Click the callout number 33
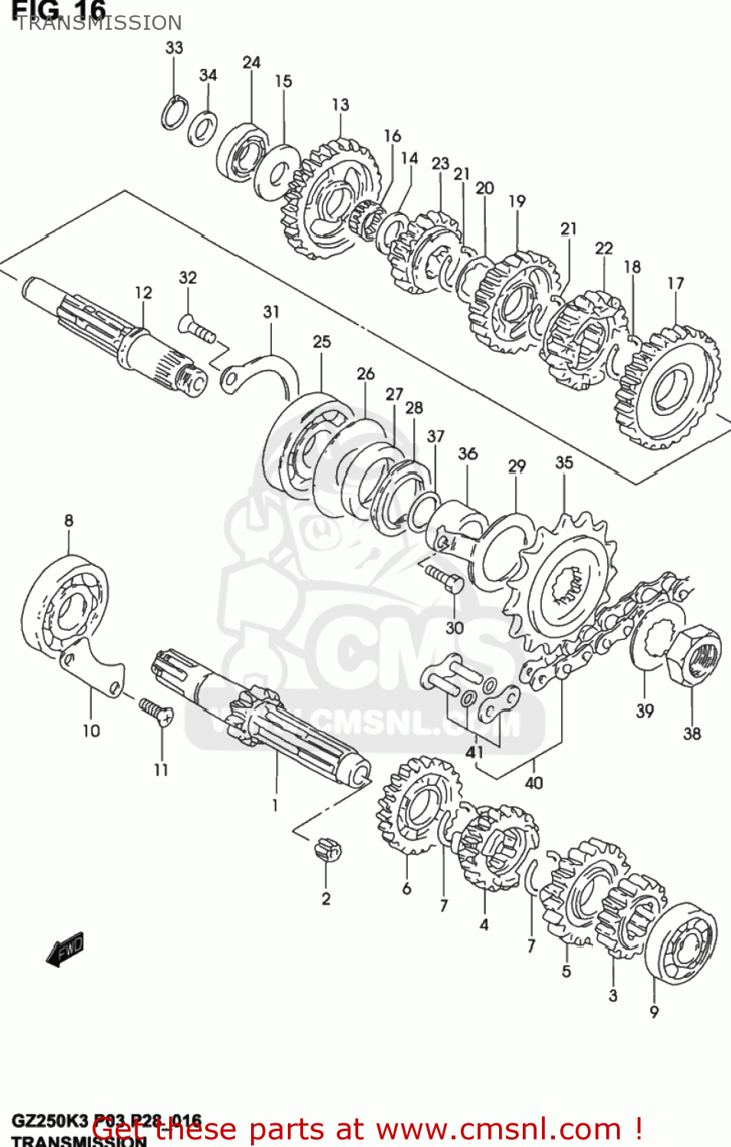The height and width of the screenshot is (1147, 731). pyautogui.click(x=175, y=47)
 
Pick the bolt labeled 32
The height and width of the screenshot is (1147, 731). pyautogui.click(x=197, y=330)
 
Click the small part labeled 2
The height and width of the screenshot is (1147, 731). pyautogui.click(x=328, y=849)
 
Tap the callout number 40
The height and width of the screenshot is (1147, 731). pyautogui.click(x=534, y=782)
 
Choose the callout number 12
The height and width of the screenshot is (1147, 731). pyautogui.click(x=143, y=292)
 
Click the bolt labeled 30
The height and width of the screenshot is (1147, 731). pyautogui.click(x=443, y=578)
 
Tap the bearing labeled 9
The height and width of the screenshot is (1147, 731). pyautogui.click(x=680, y=943)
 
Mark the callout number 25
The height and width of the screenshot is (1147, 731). pyautogui.click(x=321, y=342)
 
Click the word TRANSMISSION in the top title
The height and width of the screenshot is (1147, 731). pyautogui.click(x=99, y=23)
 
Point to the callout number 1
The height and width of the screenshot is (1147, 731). pyautogui.click(x=275, y=804)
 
